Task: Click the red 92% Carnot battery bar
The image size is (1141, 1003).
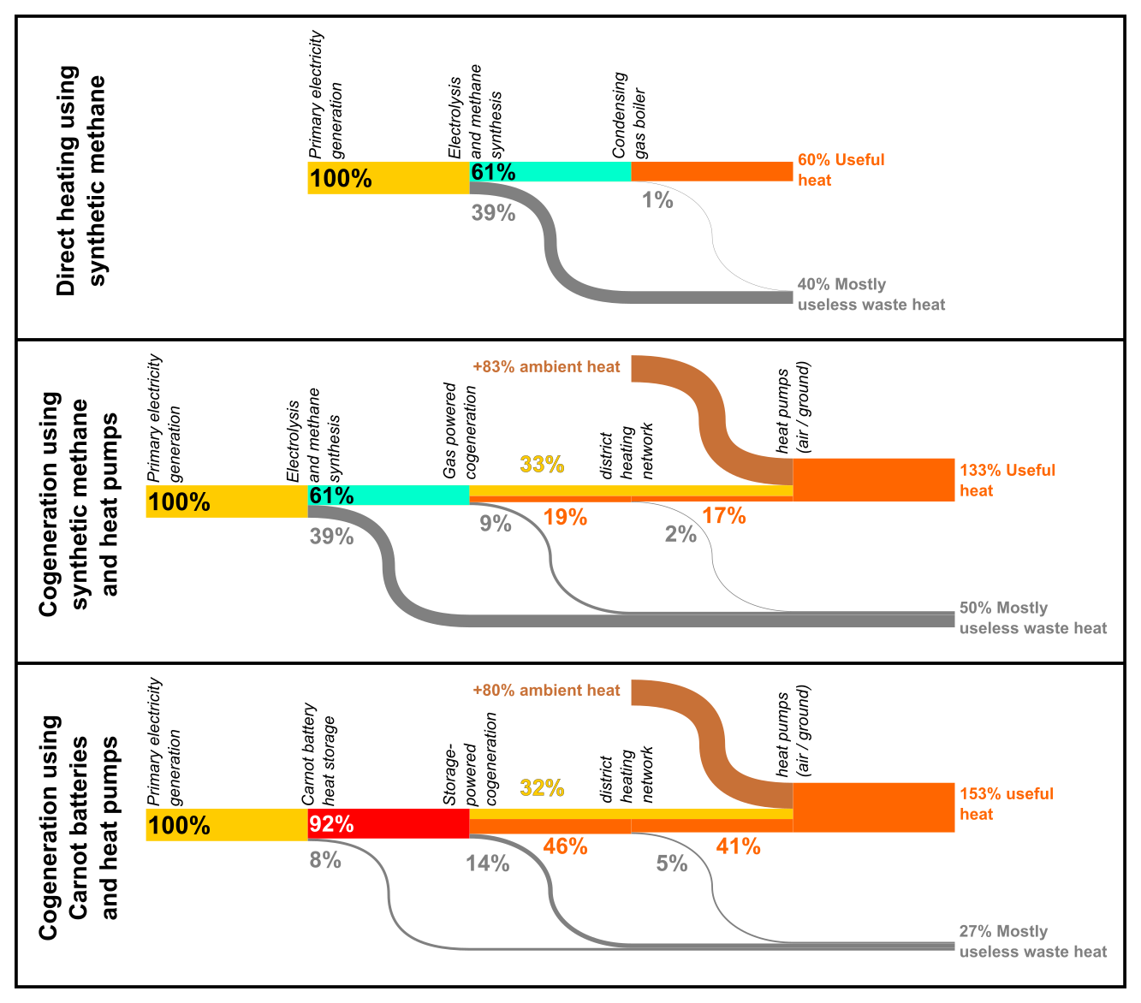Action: tap(389, 823)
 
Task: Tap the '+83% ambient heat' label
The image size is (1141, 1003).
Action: tap(546, 367)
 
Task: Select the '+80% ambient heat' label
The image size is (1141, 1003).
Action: tap(546, 691)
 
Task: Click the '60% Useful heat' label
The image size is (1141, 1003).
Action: tap(841, 169)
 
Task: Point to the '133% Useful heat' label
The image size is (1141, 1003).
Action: tap(1007, 480)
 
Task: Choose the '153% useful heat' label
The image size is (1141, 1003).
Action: tap(1006, 804)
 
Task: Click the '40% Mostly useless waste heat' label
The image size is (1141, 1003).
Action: tap(871, 294)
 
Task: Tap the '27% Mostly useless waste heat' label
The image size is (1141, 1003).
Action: tap(1032, 941)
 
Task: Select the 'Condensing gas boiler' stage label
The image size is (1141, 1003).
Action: tap(629, 116)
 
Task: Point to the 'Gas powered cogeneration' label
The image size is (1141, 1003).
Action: tap(460, 432)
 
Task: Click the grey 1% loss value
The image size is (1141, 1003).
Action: tap(657, 200)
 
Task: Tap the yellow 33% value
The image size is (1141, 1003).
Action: tap(542, 465)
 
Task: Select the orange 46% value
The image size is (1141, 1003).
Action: tap(565, 846)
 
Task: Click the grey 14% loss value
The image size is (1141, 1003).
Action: tap(487, 864)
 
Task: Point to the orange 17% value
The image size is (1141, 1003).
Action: tap(723, 515)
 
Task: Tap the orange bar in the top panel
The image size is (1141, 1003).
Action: tap(712, 171)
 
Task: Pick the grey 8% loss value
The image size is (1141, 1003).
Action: tap(325, 860)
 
